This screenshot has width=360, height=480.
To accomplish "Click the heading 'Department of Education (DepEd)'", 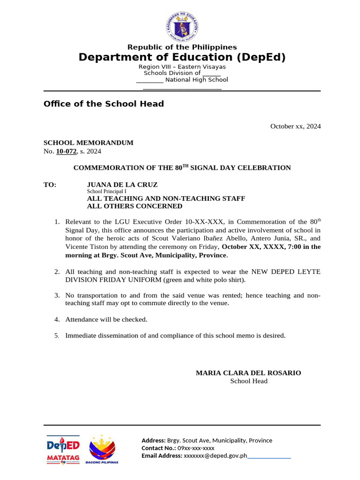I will click(x=182, y=57).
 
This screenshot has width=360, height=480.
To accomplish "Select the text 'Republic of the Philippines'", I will click(x=182, y=47).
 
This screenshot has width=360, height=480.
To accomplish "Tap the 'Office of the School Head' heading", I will click(x=104, y=104).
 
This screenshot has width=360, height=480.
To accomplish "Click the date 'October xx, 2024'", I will click(x=295, y=126).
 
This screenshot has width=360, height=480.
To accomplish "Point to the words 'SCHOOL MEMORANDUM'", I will click(x=89, y=143).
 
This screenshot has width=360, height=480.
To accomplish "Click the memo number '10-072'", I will click(x=66, y=151).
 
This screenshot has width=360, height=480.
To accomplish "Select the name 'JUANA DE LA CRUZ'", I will click(x=122, y=185).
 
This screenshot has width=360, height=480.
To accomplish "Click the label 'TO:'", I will click(x=50, y=185).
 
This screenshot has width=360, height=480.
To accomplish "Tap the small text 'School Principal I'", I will click(x=106, y=192).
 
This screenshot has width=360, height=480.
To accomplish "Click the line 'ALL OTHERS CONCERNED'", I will click(x=135, y=206).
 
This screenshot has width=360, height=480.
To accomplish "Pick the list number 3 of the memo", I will click(x=57, y=295).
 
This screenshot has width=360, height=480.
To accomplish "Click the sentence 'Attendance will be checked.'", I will click(x=106, y=320).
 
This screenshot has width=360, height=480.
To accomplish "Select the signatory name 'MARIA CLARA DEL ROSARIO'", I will click(x=248, y=373).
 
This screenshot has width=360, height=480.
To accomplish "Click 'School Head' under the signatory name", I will click(x=248, y=381).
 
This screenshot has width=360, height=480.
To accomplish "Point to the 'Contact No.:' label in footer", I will click(x=157, y=448).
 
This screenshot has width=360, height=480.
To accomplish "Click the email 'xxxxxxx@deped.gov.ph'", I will click(x=215, y=456).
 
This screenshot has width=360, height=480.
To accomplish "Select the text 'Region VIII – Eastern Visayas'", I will click(x=182, y=67).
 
